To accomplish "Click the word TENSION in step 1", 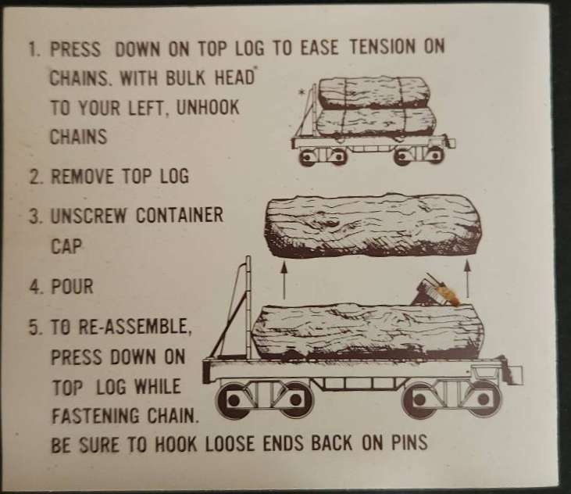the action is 381,48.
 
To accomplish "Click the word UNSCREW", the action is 88,216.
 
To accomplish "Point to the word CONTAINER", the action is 180,215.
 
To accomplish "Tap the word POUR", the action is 72,286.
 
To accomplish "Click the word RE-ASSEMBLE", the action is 134,327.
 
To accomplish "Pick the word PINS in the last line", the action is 409,442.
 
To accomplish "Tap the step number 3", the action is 34,216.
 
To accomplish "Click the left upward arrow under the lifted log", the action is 284,280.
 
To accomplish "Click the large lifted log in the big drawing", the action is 373,226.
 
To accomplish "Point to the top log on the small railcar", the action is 373,93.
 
